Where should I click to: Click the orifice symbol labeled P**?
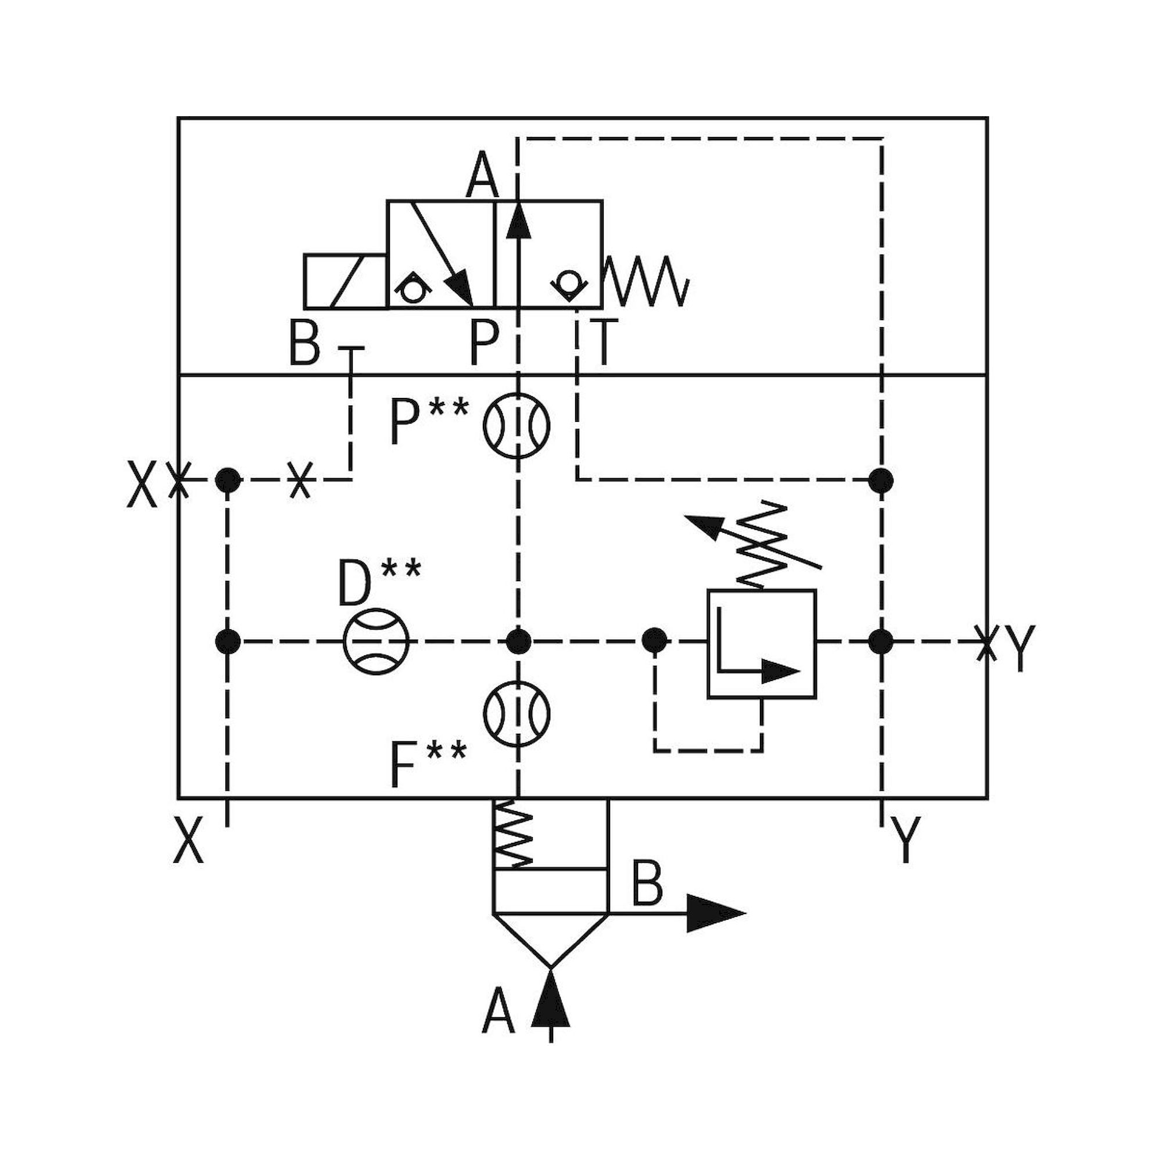pos(517,426)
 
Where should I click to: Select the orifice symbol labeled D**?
pos(376,642)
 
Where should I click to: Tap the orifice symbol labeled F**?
pos(517,714)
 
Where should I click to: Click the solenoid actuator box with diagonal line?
pos(345,281)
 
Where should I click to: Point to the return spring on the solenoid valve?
pos(646,281)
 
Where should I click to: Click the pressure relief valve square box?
pos(762,644)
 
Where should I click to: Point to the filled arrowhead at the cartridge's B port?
pos(716,913)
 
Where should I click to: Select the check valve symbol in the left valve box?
pos(412,288)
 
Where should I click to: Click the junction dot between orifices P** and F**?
pos(517,642)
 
